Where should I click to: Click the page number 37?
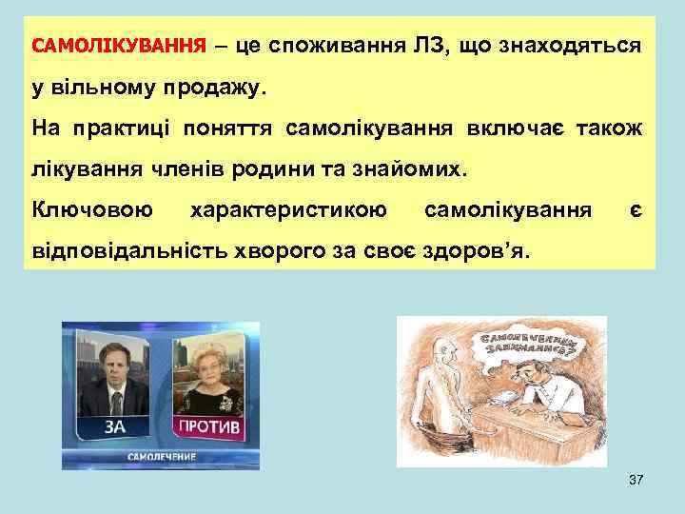pos(636,482)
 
